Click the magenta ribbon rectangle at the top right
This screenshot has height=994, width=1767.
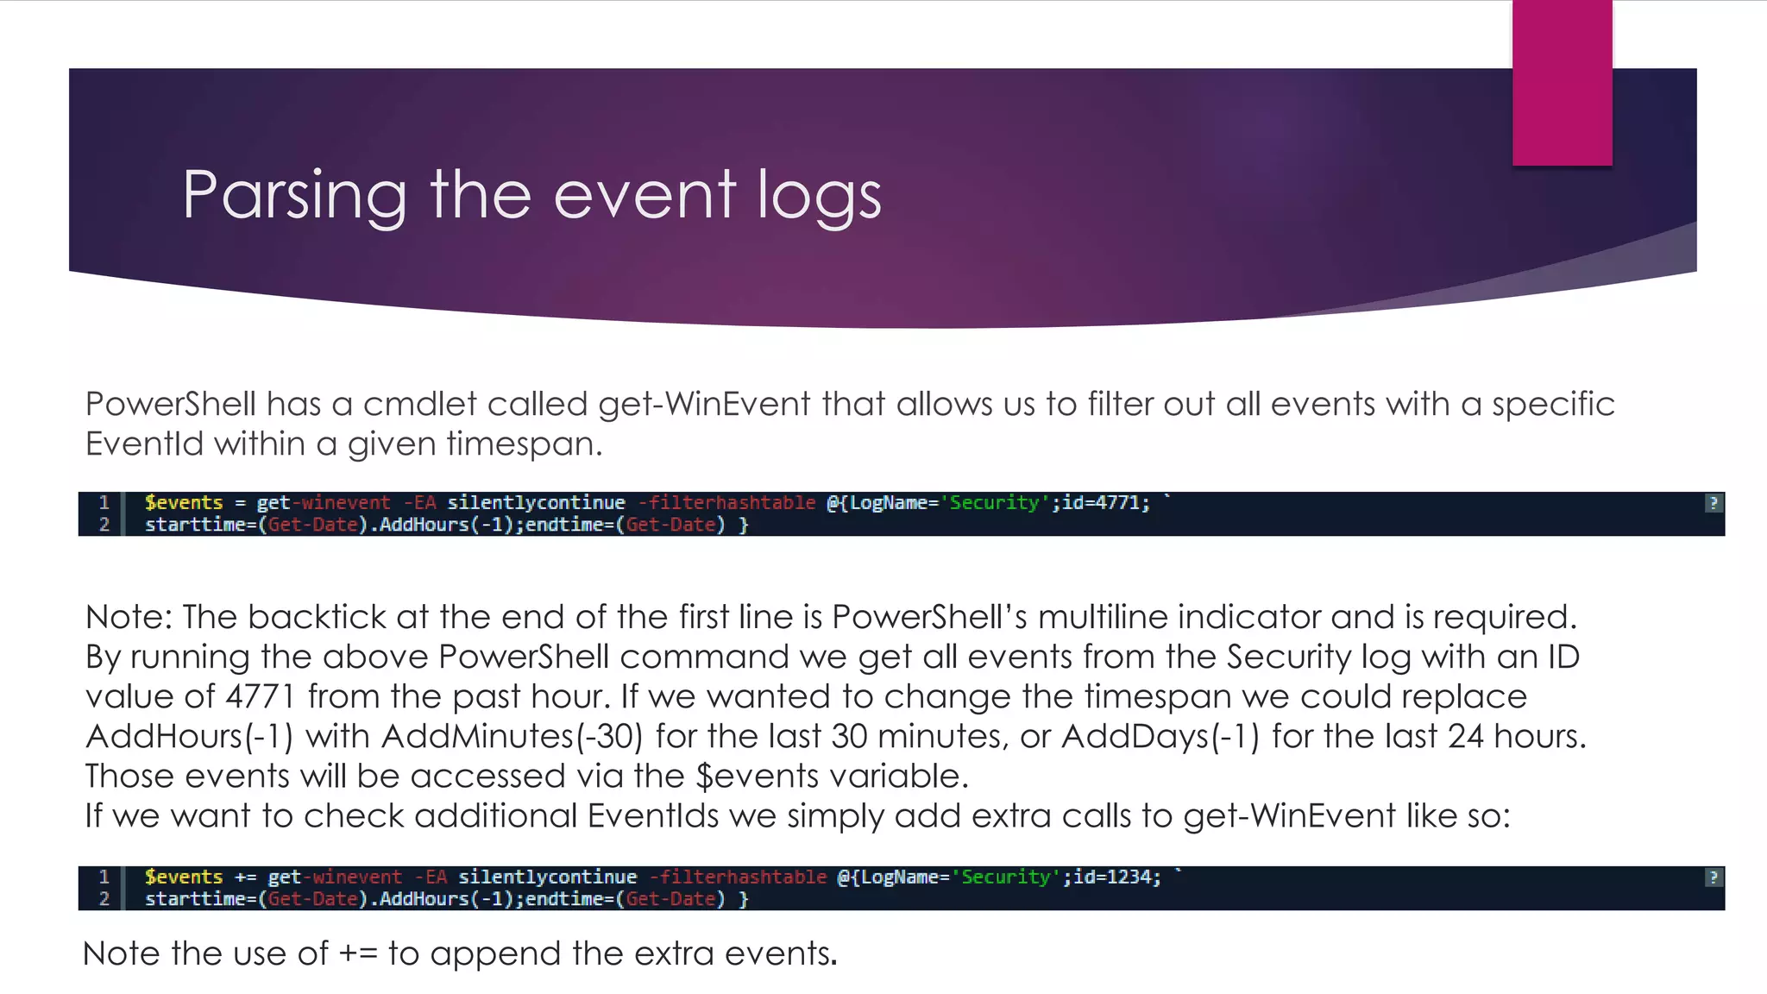click(1562, 82)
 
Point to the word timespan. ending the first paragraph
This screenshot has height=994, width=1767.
click(525, 444)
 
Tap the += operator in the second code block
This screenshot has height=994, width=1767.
click(245, 878)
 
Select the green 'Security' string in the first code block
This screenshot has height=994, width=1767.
click(994, 503)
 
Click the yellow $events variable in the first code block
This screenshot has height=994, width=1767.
click(184, 503)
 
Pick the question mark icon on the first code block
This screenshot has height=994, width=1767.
click(1714, 503)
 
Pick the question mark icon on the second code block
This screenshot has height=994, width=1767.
click(1714, 878)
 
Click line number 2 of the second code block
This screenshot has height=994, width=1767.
click(104, 899)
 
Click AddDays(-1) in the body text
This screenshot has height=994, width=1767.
click(1160, 736)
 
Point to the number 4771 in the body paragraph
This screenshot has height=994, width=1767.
click(261, 696)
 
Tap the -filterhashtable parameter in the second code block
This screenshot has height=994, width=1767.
click(738, 878)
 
